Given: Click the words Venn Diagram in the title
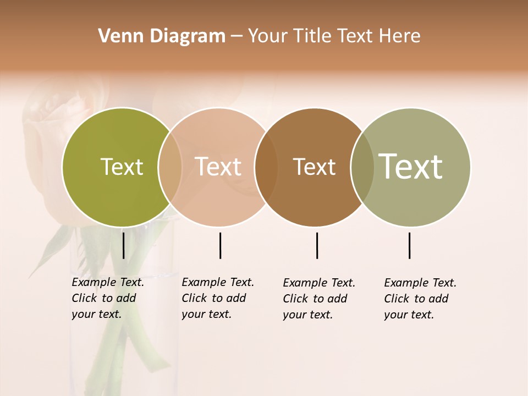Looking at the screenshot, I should tap(162, 36).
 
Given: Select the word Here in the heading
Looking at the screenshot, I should tap(400, 36).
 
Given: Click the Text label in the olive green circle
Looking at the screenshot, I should tap(122, 167).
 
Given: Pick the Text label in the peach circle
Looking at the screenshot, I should tap(218, 167).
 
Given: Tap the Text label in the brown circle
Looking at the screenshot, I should tap(314, 167).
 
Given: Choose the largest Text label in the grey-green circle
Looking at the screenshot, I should tap(411, 166).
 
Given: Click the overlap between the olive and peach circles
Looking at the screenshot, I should tap(170, 167).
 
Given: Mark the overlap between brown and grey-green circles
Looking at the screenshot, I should tap(362, 167).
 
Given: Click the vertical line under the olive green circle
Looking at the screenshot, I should tap(123, 245).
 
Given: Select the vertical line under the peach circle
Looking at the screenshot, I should tap(220, 245).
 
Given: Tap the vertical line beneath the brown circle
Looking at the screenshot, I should tap(317, 245).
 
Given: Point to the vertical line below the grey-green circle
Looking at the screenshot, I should tap(409, 245).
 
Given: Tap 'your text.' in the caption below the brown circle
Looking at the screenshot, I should tap(308, 315).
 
